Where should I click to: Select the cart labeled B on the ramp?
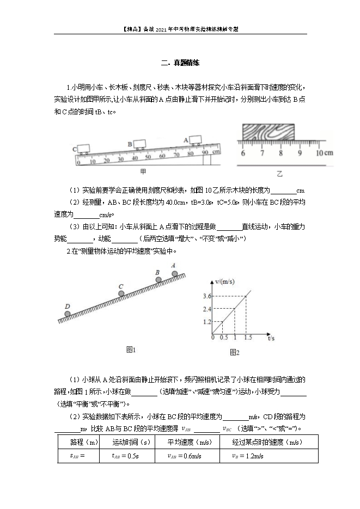[140, 144]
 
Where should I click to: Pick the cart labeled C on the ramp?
[84, 148]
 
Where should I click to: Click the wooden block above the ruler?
[267, 132]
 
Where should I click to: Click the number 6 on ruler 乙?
[242, 153]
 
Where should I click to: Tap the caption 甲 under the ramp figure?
[143, 171]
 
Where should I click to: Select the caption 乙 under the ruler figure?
[280, 174]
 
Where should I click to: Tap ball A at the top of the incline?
[174, 273]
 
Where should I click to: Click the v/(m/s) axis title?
[224, 281]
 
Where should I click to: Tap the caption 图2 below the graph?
[234, 353]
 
